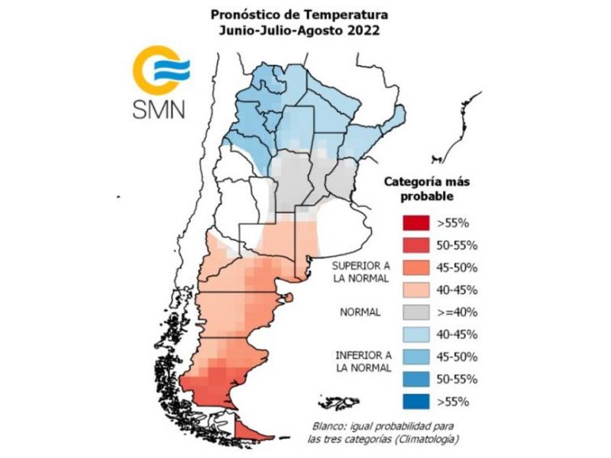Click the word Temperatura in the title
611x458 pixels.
click(346, 15)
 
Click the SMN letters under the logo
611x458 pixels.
click(159, 109)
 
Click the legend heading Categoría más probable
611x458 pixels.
click(427, 189)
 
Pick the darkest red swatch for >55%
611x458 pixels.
click(416, 223)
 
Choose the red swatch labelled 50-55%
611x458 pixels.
click(416, 245)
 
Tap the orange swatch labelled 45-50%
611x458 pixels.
click(416, 268)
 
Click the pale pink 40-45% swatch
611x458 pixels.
click(416, 290)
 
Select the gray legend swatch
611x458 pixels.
click(416, 312)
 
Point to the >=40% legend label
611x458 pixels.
click(457, 312)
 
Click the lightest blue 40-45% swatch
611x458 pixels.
click(416, 334)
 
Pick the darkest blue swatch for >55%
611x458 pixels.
click(416, 402)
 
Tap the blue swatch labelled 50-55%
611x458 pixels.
click(416, 379)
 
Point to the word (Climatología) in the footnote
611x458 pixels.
click(426, 440)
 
